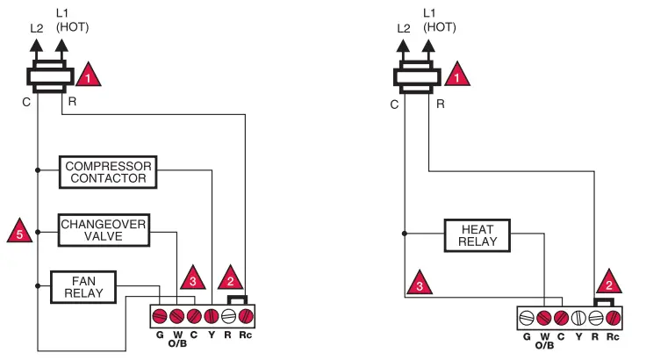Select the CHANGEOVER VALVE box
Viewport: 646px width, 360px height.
(104, 231)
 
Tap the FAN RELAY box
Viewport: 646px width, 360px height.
(83, 286)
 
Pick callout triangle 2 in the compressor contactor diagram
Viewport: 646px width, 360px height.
(230, 278)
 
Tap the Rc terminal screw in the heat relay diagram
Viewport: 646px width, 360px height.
(614, 318)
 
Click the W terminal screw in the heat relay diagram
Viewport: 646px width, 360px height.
(544, 318)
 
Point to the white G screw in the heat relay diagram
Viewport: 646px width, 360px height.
(527, 318)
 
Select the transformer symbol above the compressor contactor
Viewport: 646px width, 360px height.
(51, 78)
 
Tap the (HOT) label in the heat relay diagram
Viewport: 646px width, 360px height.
(441, 27)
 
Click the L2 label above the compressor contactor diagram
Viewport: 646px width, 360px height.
(36, 27)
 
